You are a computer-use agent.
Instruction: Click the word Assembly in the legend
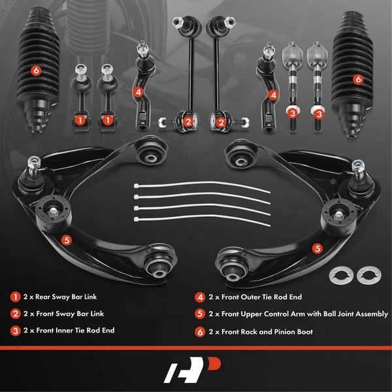[368, 315]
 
